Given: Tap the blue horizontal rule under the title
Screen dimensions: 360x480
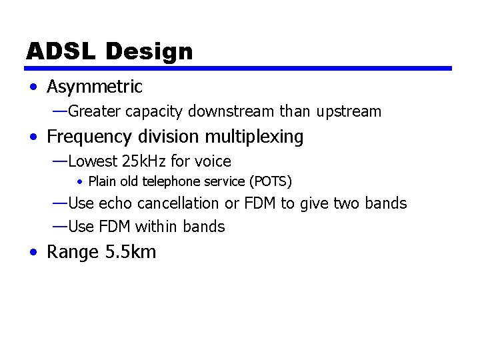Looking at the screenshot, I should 239,68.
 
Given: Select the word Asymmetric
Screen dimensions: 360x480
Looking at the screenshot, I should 95,87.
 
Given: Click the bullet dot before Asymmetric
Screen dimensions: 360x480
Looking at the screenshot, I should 33,87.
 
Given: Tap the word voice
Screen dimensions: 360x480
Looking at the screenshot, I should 213,161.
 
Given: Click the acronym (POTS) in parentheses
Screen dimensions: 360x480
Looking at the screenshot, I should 270,181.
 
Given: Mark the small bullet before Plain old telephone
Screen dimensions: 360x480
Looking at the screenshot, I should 79,181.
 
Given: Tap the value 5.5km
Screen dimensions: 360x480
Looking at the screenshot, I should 131,253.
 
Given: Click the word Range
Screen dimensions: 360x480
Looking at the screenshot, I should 74,253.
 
